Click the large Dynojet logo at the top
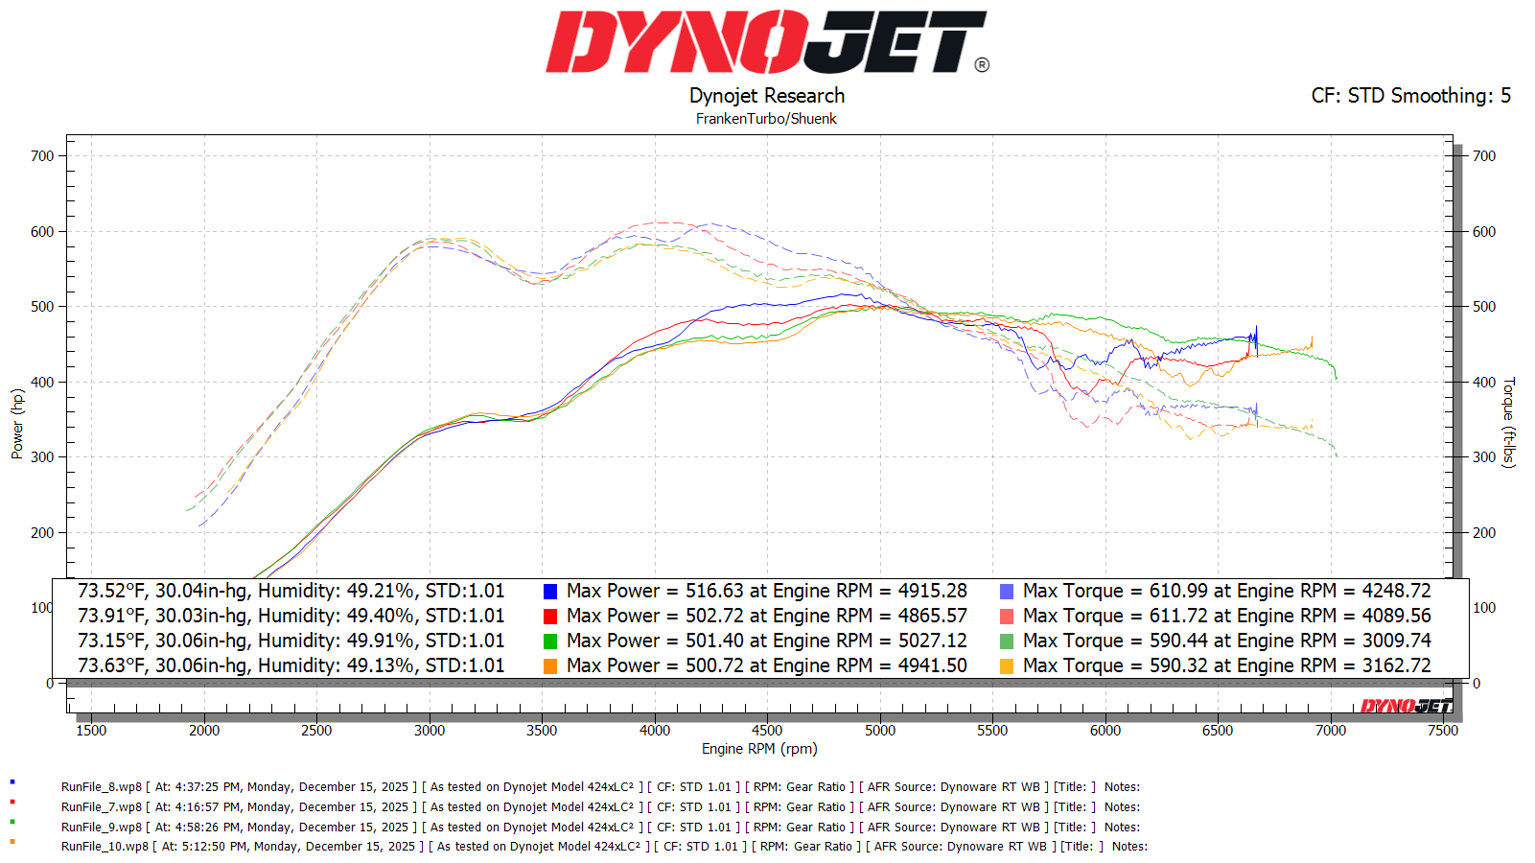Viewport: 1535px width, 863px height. pyautogui.click(x=767, y=42)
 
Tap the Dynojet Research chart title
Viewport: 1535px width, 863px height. pyautogui.click(x=767, y=96)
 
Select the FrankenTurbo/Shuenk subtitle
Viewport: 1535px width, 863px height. pyautogui.click(x=766, y=119)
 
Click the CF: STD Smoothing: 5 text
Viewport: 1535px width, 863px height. pyautogui.click(x=1410, y=96)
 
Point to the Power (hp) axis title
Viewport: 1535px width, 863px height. pyautogui.click(x=17, y=424)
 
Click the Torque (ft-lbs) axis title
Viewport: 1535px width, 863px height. pyautogui.click(x=1509, y=422)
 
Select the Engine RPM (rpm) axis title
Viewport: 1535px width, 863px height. pyautogui.click(x=759, y=749)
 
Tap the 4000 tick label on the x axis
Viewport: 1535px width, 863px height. pyautogui.click(x=655, y=731)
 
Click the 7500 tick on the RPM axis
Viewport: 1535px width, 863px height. pyautogui.click(x=1442, y=731)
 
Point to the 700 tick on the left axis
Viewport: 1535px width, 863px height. pyautogui.click(x=42, y=156)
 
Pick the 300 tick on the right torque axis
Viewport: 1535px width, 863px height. pyautogui.click(x=1484, y=457)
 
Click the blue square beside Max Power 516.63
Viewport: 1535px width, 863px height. pyautogui.click(x=550, y=592)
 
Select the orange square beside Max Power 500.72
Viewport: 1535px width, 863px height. pyautogui.click(x=550, y=666)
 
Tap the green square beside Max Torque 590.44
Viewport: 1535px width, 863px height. pyautogui.click(x=1007, y=641)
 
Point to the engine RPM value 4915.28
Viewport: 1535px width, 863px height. pyautogui.click(x=932, y=592)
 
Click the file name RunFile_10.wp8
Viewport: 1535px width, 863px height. pyautogui.click(x=105, y=847)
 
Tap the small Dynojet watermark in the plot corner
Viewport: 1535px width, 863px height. pyautogui.click(x=1407, y=707)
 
